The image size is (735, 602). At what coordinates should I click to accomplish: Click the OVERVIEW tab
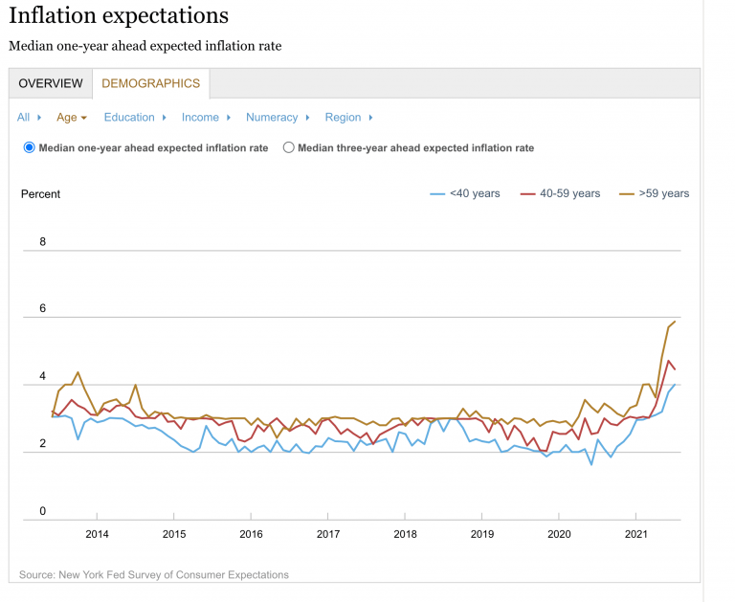(x=51, y=83)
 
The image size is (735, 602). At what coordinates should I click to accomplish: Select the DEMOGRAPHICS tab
(x=150, y=83)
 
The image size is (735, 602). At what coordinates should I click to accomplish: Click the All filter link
(x=24, y=117)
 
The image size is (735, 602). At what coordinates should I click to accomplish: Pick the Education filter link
(x=129, y=117)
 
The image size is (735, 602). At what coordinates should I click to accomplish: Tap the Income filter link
(x=200, y=117)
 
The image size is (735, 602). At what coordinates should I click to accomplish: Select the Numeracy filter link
(x=272, y=117)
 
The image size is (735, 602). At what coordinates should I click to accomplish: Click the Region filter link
(x=343, y=117)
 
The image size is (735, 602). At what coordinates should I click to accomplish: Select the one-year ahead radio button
(x=30, y=147)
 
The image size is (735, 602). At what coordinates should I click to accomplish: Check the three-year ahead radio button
(x=289, y=147)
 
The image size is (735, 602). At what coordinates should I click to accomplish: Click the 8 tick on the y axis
(x=42, y=242)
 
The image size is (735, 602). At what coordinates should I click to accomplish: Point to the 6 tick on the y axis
(x=42, y=309)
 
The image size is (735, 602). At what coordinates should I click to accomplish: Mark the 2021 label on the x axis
(x=636, y=534)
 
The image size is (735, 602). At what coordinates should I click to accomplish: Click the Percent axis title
(x=40, y=194)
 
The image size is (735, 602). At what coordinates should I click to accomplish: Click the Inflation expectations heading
(x=119, y=16)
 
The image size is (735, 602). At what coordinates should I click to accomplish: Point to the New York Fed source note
(x=153, y=574)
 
